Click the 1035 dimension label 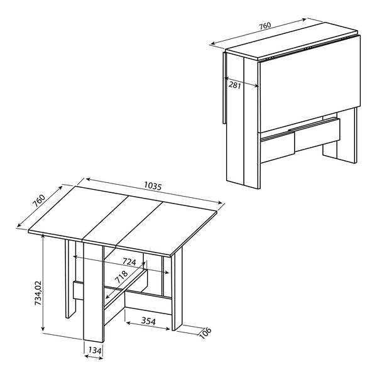coord(153,186)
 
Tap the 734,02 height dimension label coord(38,293)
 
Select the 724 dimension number coord(129,261)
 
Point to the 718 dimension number coord(121,276)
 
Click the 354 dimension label coord(148,320)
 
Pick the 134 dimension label coord(95,351)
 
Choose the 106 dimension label coord(205,333)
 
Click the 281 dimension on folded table coord(234,85)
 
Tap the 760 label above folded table coord(265,26)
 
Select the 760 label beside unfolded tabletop coord(39,201)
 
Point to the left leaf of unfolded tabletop coord(78,212)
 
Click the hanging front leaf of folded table coord(309,84)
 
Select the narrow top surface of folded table coord(292,41)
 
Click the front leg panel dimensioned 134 coord(94,292)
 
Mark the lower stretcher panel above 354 coord(148,302)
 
